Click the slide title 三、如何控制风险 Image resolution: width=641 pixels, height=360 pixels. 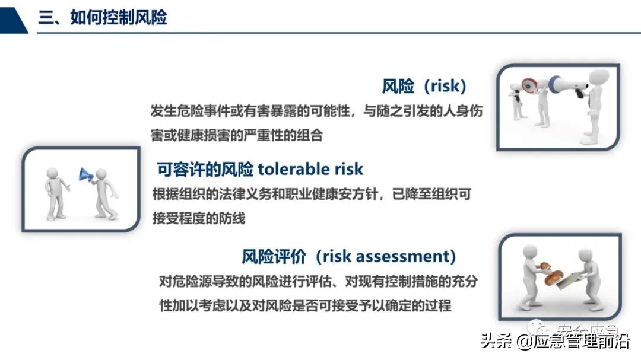[x=102, y=17]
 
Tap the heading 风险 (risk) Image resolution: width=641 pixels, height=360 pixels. [x=424, y=87]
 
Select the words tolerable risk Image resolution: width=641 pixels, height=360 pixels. [x=310, y=169]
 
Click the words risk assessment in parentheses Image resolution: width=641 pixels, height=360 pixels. [x=385, y=256]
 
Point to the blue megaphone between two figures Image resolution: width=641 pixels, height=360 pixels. [x=86, y=174]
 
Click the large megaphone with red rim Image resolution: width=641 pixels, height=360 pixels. [x=530, y=87]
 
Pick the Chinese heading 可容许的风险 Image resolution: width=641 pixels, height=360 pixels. [x=205, y=169]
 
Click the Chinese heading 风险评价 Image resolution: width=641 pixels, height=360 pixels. [x=274, y=256]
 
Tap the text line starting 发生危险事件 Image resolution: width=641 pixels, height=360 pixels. [x=316, y=111]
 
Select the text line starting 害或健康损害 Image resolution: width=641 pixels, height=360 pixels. [x=237, y=135]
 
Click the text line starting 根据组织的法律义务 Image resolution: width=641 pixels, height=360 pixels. [x=311, y=194]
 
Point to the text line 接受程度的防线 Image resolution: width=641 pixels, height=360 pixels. [x=198, y=218]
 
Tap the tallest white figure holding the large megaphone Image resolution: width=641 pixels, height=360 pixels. [x=594, y=107]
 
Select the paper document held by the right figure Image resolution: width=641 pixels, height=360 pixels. [x=567, y=279]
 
